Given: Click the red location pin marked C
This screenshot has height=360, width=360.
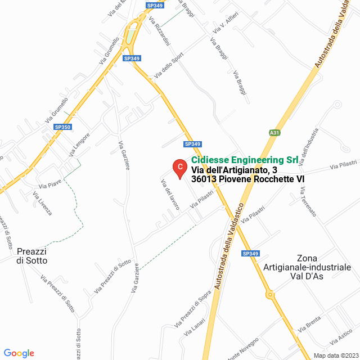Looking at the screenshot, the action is [x=179, y=167].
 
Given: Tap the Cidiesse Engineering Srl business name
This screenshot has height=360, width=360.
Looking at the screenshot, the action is [x=245, y=160].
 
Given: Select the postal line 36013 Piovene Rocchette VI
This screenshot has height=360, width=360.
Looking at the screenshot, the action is [x=247, y=179].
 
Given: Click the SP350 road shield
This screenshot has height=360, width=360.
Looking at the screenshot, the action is [x=62, y=128].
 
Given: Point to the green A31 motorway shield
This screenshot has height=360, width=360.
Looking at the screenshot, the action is [x=274, y=133].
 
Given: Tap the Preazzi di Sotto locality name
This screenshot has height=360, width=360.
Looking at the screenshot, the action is [x=32, y=256].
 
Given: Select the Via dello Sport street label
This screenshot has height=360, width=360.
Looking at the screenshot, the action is [x=169, y=66].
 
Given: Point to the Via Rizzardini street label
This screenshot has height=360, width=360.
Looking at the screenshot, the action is [x=160, y=30].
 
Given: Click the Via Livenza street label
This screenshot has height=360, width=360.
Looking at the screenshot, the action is [x=43, y=204].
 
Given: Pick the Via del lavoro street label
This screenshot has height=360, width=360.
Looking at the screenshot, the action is [x=169, y=195].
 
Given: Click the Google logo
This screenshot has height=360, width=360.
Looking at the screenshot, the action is [x=19, y=353].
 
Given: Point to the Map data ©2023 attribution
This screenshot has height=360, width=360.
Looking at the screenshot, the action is [x=335, y=355].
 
